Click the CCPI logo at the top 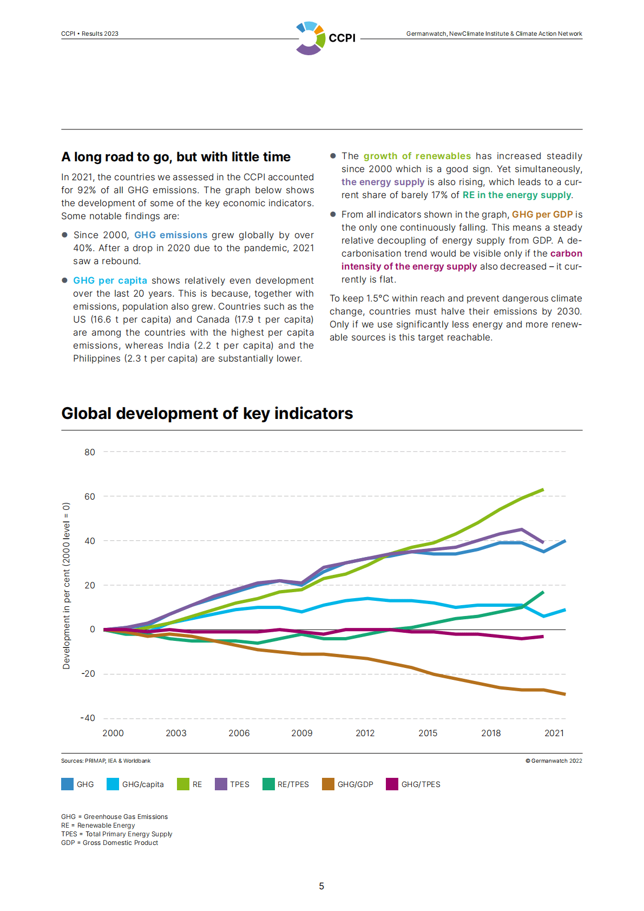[325, 38]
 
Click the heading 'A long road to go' [176, 157]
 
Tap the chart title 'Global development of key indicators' [207, 414]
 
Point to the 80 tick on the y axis [89, 452]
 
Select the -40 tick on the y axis [88, 718]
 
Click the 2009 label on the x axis [302, 733]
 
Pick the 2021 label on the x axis [554, 733]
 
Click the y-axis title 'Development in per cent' [67, 586]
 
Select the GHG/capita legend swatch [113, 784]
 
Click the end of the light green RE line [543, 490]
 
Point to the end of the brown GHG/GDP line [565, 694]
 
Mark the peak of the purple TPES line [521, 529]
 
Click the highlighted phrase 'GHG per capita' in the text [110, 280]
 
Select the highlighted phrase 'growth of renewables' [417, 156]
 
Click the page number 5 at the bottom [321, 886]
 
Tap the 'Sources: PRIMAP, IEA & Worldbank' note [106, 761]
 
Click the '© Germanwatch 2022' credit [554, 761]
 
